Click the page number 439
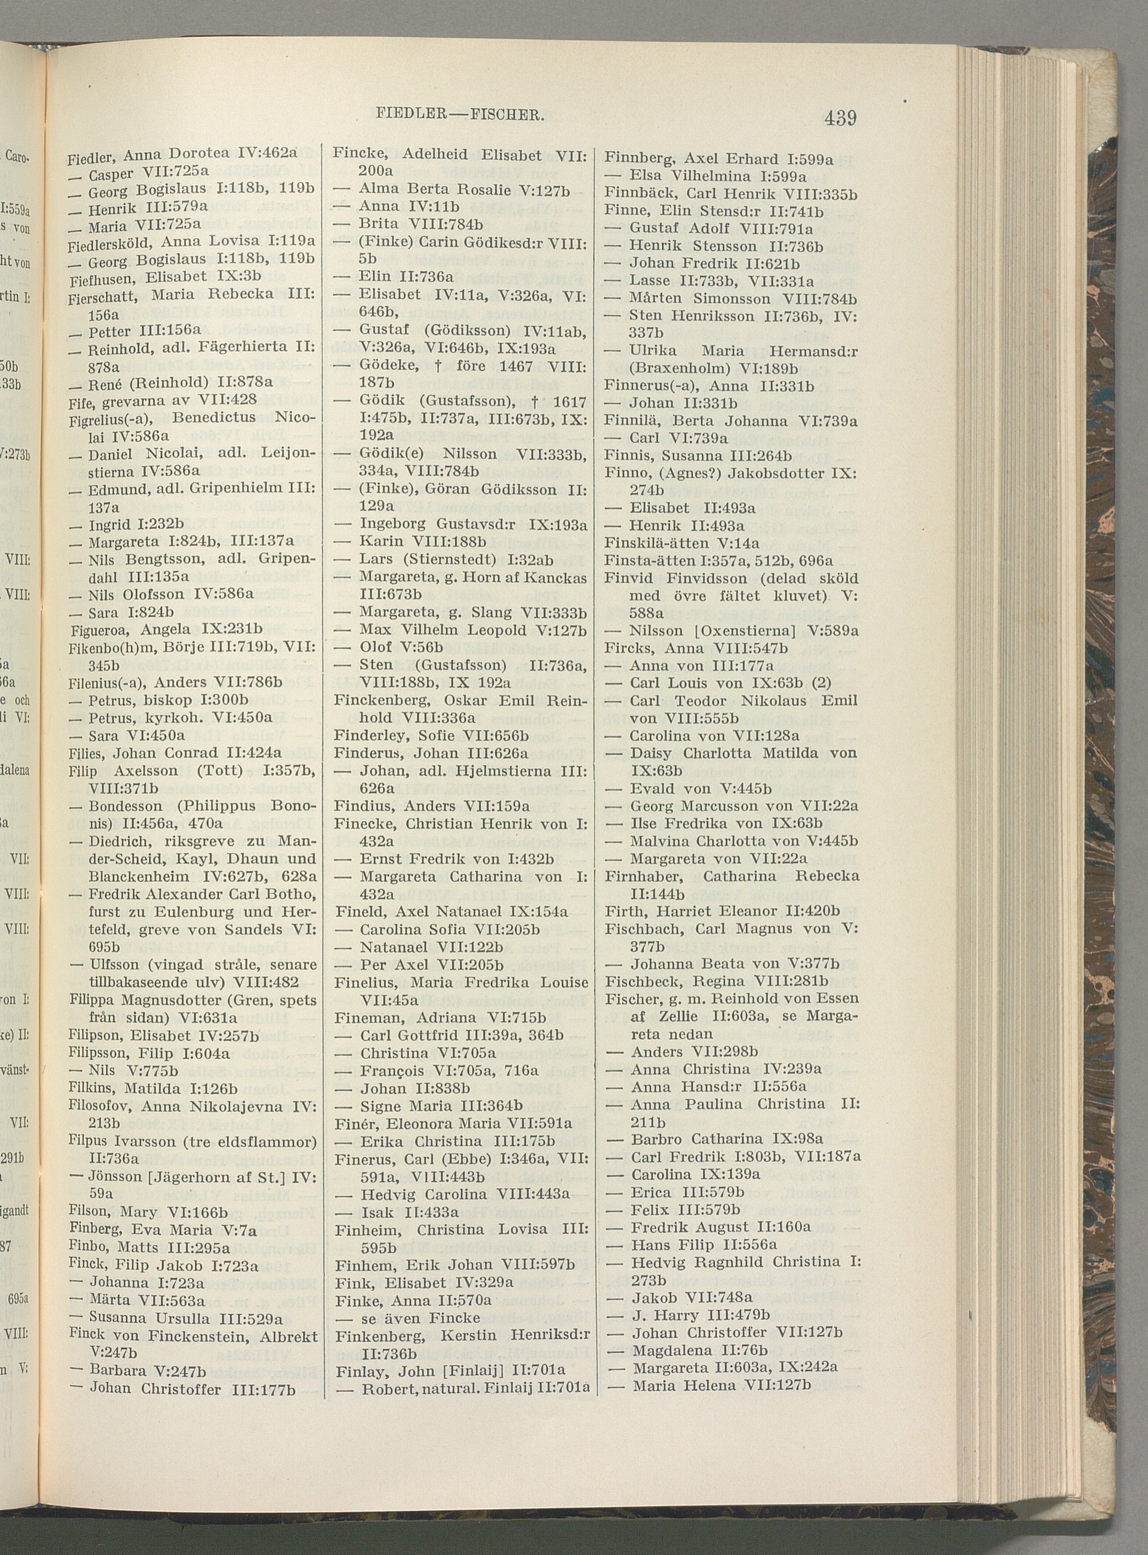(840, 118)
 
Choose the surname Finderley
(365, 735)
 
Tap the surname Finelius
(362, 982)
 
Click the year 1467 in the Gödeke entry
(524, 365)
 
